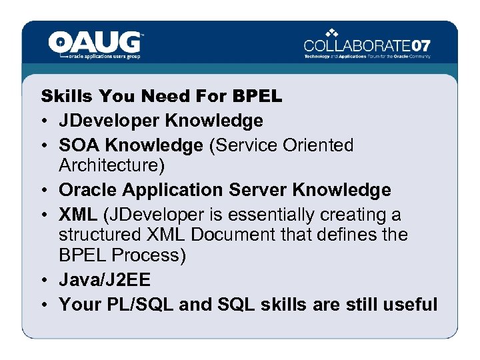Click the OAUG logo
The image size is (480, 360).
point(95,45)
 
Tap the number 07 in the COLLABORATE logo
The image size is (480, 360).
point(417,46)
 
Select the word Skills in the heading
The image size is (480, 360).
point(65,97)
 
